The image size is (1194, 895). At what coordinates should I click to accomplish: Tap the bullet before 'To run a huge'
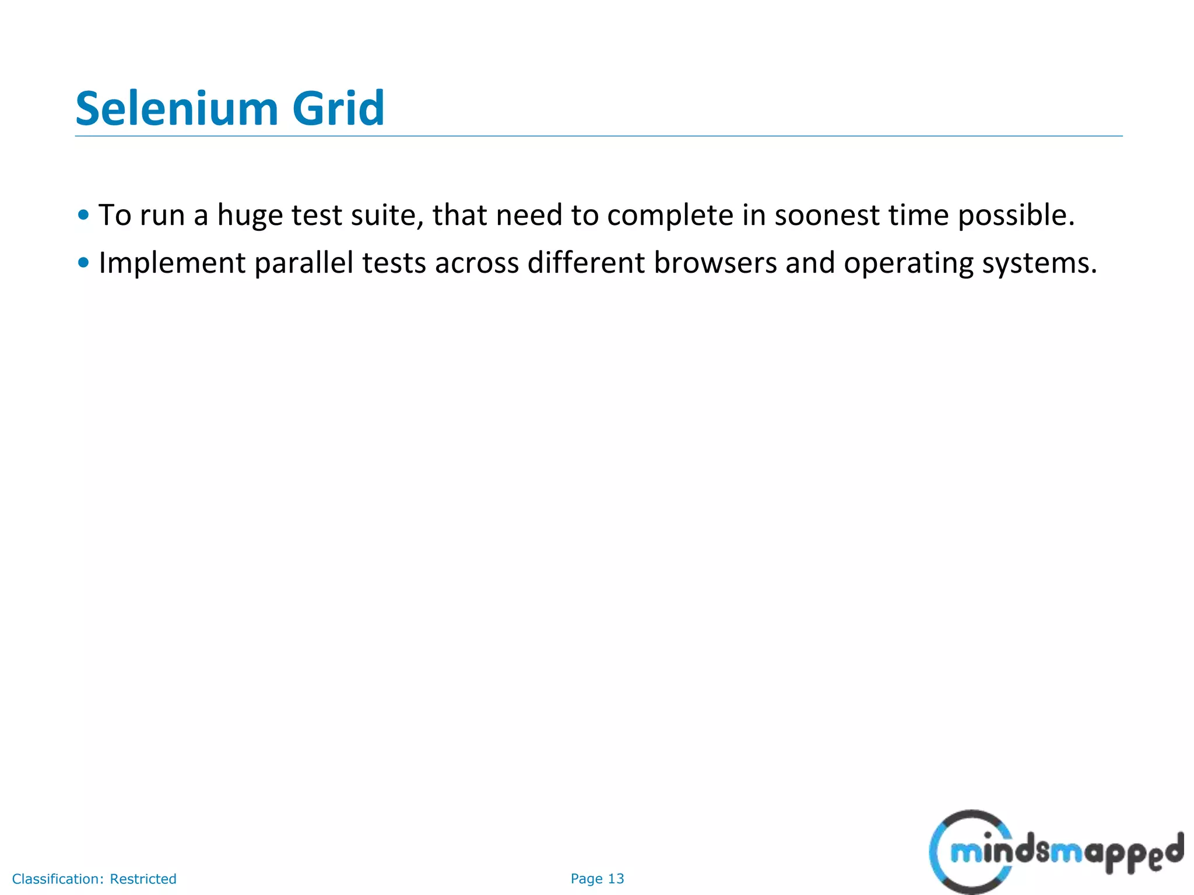click(83, 215)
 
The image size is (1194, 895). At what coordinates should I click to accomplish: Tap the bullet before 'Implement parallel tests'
click(83, 263)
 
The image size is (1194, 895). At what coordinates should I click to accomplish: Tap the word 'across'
click(477, 263)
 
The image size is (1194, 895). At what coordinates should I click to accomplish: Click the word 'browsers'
click(715, 263)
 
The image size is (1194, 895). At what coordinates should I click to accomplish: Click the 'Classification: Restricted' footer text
click(94, 879)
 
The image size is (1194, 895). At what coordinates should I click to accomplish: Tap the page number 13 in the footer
click(616, 879)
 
